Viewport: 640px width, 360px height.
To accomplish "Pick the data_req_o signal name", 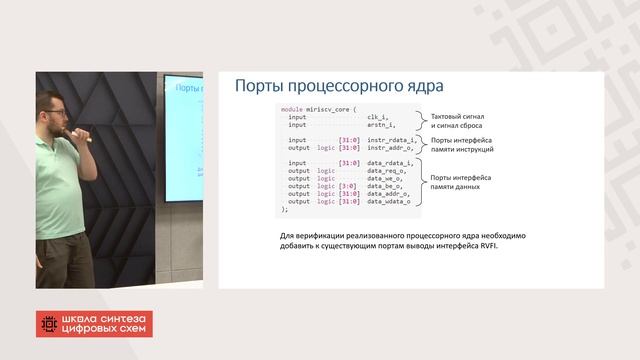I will coord(384,170).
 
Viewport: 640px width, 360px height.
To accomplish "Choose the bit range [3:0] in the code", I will coord(348,186).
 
